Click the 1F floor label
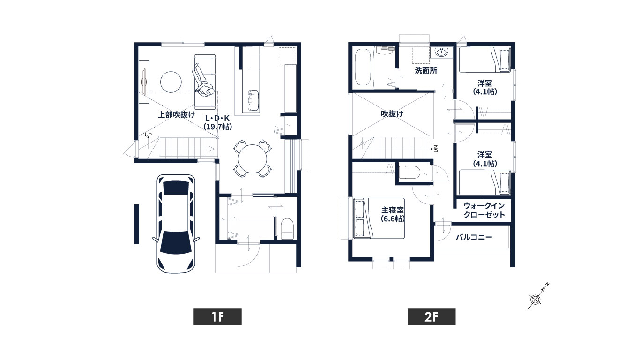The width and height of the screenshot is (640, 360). click(x=217, y=317)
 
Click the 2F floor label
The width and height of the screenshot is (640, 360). click(x=432, y=317)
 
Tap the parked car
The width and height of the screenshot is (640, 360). click(x=176, y=224)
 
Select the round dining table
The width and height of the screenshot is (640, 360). click(x=253, y=159)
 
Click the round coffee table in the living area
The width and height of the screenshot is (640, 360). click(x=171, y=82)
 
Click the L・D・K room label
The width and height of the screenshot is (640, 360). click(x=217, y=122)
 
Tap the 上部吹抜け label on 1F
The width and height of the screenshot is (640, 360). click(x=176, y=115)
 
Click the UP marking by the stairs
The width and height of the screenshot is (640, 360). click(x=148, y=135)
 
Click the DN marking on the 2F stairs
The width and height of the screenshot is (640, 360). click(x=436, y=149)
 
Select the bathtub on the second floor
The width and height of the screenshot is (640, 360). click(x=363, y=67)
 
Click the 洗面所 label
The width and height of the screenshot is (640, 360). click(x=426, y=71)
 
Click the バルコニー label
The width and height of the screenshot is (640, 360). click(x=474, y=237)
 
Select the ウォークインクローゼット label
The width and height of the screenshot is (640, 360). click(x=484, y=210)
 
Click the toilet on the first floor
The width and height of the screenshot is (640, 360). click(x=287, y=229)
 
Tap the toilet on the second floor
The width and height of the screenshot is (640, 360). click(x=409, y=172)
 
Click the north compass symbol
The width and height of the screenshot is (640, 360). click(x=535, y=300)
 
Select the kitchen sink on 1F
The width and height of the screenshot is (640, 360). click(x=253, y=101)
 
